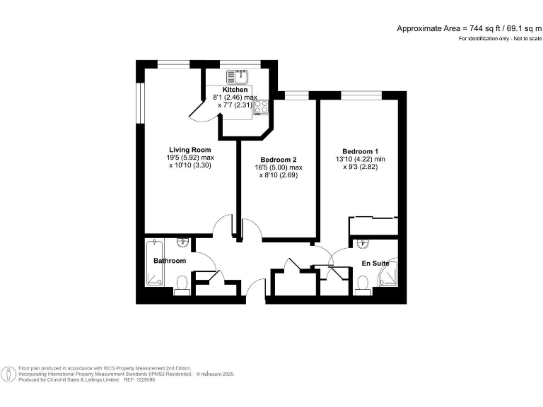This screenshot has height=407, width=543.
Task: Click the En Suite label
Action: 375,264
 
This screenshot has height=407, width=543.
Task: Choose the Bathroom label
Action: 170,261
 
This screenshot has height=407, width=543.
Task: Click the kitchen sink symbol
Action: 240,76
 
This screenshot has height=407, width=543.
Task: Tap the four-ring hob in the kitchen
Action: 261,108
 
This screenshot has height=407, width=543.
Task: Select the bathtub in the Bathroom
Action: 155,263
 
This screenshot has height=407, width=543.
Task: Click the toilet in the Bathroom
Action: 182,284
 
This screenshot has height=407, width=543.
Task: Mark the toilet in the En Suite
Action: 364,284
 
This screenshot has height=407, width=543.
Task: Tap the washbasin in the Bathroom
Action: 182,243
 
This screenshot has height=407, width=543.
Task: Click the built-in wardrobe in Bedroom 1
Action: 373,225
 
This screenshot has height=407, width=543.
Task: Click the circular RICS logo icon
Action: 9,373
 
